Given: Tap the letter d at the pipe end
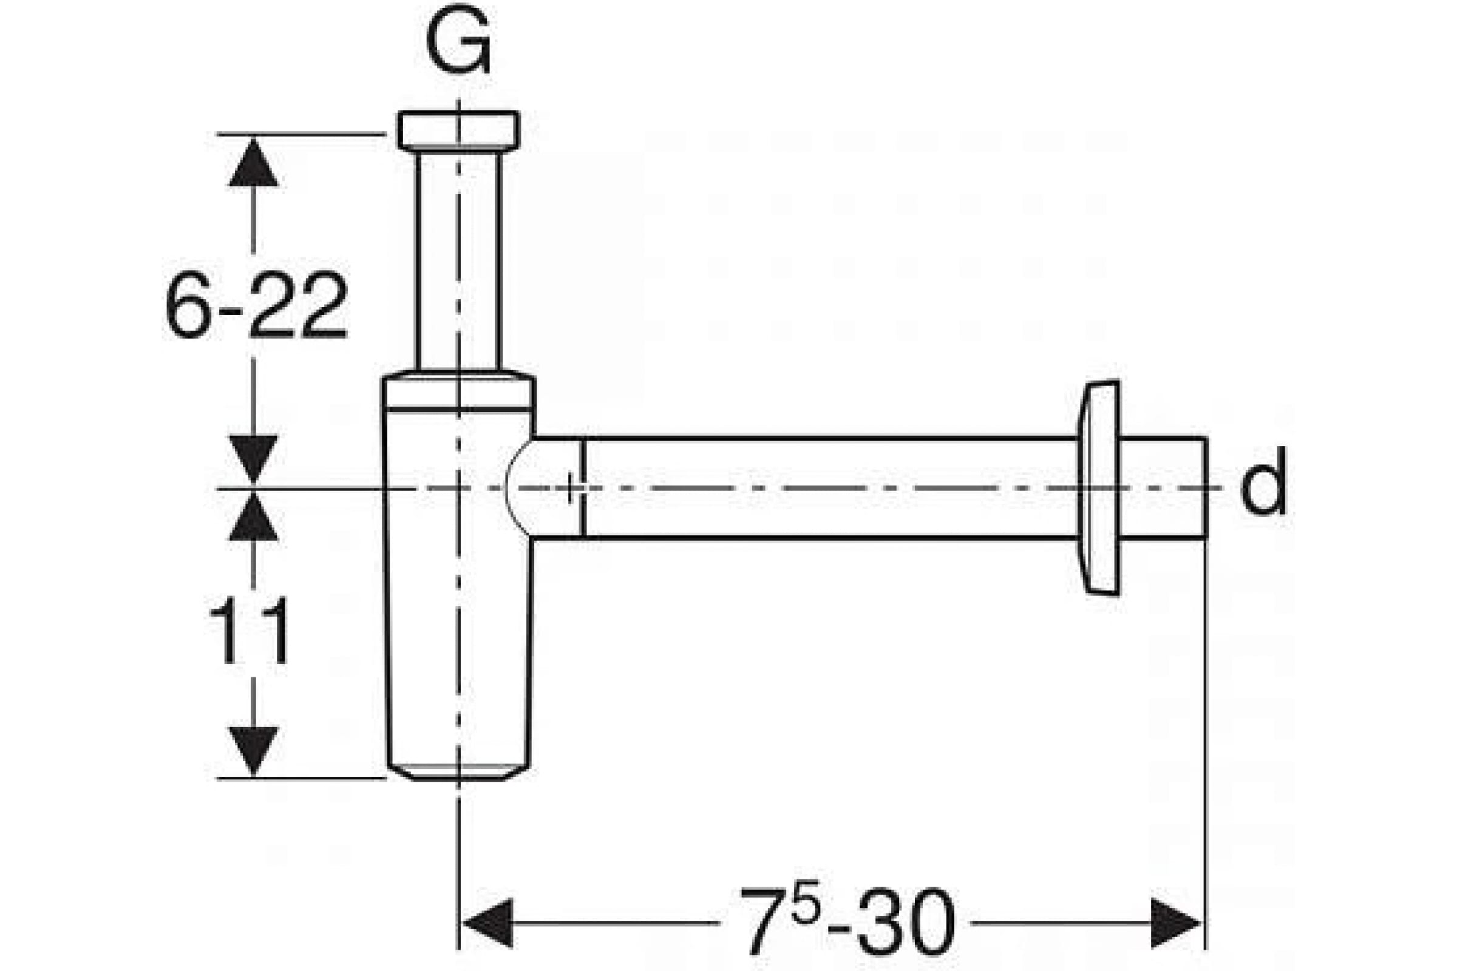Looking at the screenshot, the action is pos(1263,482).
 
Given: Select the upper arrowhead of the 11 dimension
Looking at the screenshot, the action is pos(253,517).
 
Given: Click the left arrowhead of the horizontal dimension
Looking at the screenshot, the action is pos(487,922).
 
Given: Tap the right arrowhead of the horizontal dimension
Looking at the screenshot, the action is pos(1176,922).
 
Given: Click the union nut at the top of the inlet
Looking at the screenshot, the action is pos(458,130).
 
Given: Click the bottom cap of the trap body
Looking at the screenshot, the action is pos(458,771).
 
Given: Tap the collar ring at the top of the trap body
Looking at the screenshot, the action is pos(458,391).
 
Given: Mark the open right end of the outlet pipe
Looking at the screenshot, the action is pos(1206,487).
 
